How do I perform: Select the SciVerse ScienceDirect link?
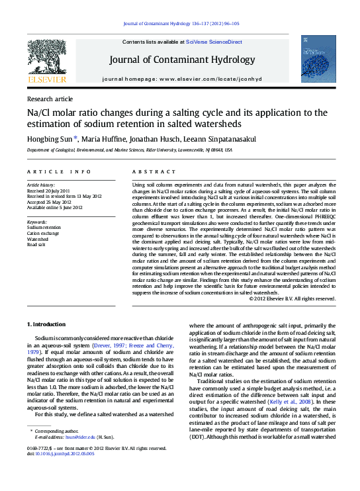213,42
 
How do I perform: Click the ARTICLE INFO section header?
58,171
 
